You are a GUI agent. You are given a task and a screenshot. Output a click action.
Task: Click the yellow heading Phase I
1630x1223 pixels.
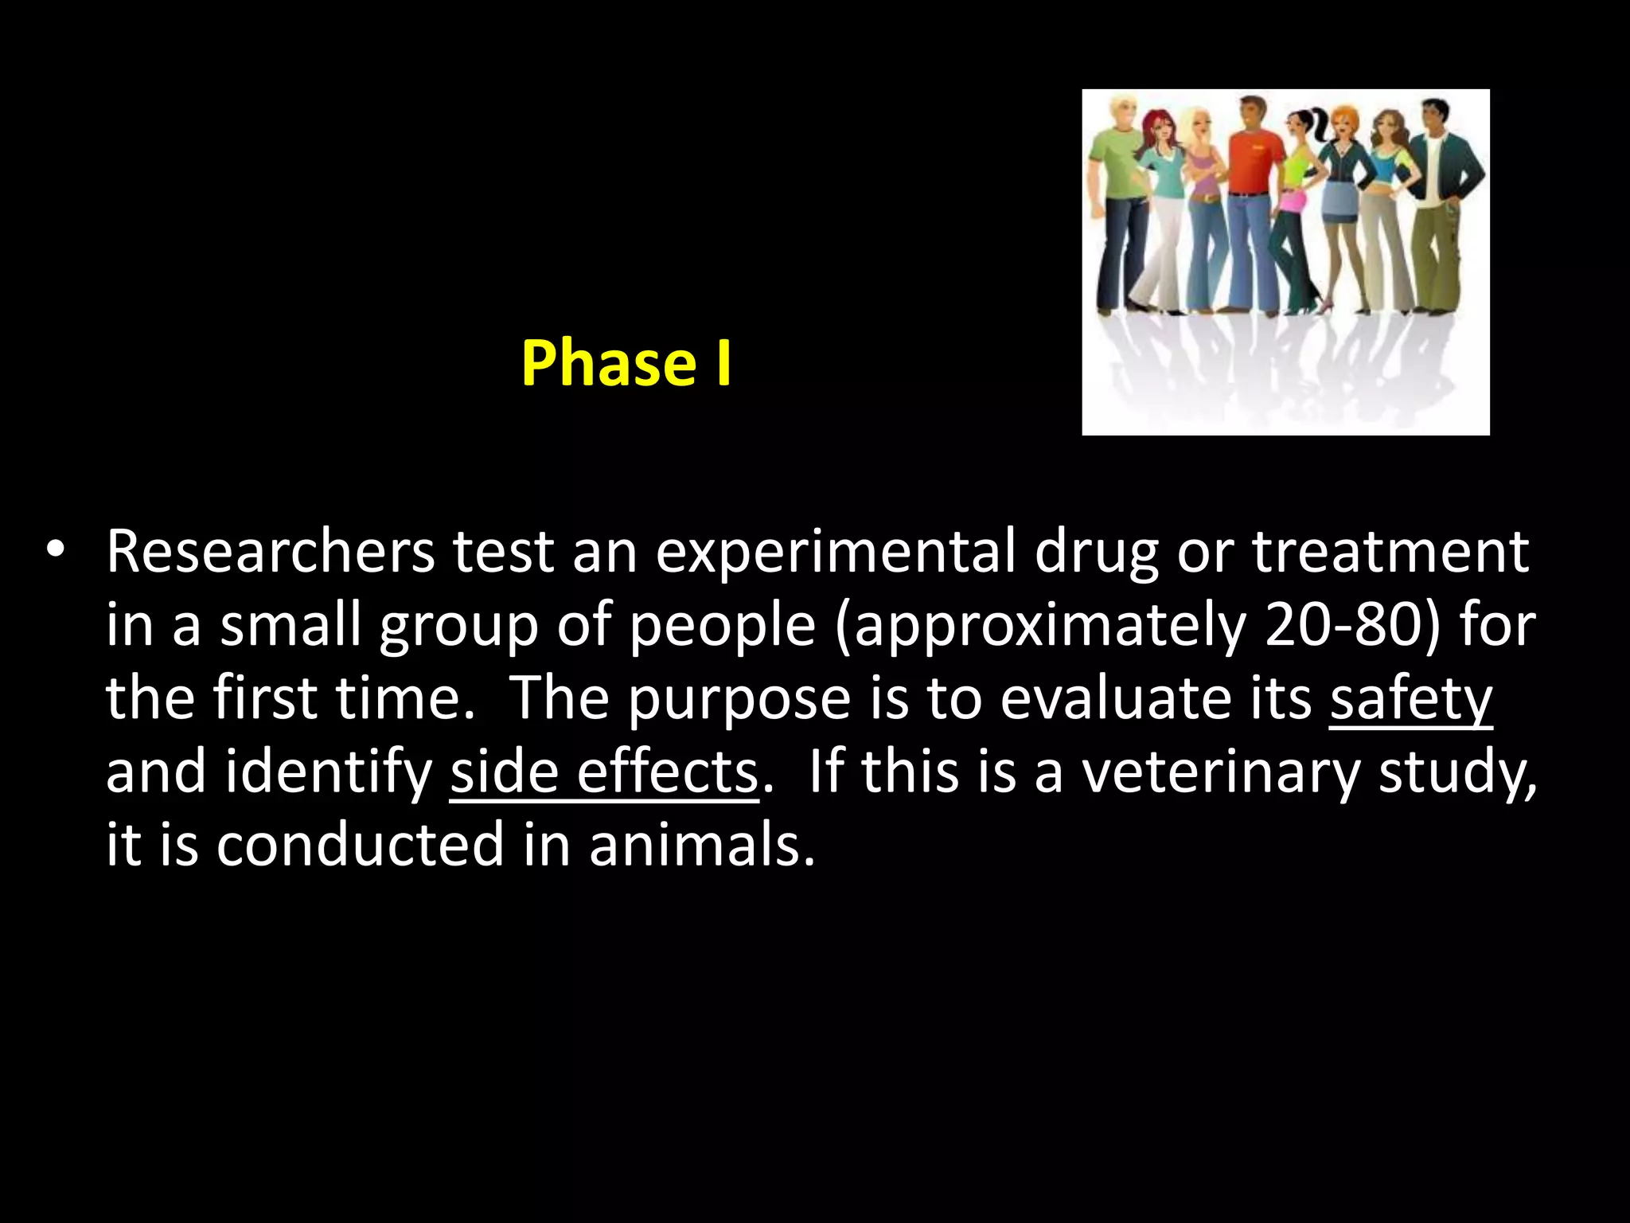click(x=626, y=364)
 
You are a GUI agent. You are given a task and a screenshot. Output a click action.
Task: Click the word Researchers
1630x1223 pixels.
click(x=271, y=551)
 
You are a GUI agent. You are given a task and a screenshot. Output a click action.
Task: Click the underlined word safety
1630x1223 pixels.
click(x=1410, y=698)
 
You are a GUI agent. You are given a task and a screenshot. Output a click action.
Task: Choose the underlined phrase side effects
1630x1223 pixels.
click(x=604, y=772)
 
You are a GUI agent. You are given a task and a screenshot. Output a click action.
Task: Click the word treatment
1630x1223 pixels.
click(x=1390, y=551)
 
